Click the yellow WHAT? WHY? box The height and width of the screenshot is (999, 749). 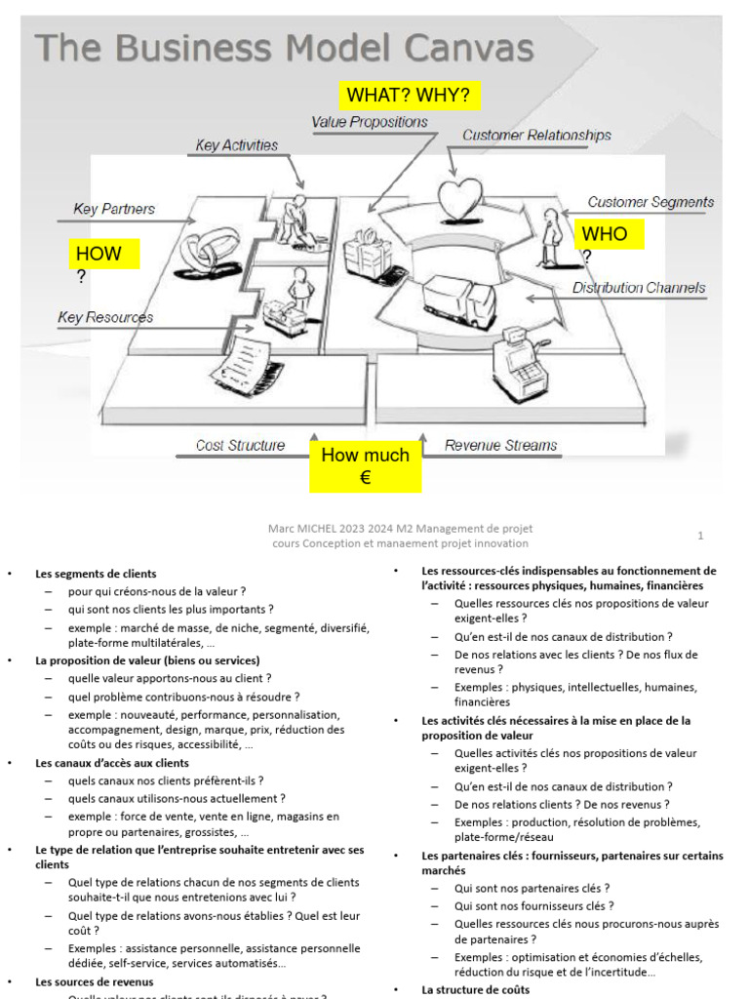(410, 96)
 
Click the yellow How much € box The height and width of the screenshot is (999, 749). (366, 465)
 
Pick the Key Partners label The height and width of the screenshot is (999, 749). (113, 209)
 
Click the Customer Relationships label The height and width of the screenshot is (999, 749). (536, 136)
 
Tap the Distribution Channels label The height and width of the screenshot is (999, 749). (638, 288)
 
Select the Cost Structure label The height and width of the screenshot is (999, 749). (240, 445)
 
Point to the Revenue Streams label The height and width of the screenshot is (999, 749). (500, 445)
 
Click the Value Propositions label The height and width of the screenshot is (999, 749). (370, 122)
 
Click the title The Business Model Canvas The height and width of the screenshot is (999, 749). (285, 48)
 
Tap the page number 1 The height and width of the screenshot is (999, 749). (700, 536)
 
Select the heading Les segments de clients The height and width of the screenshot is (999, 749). (96, 574)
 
